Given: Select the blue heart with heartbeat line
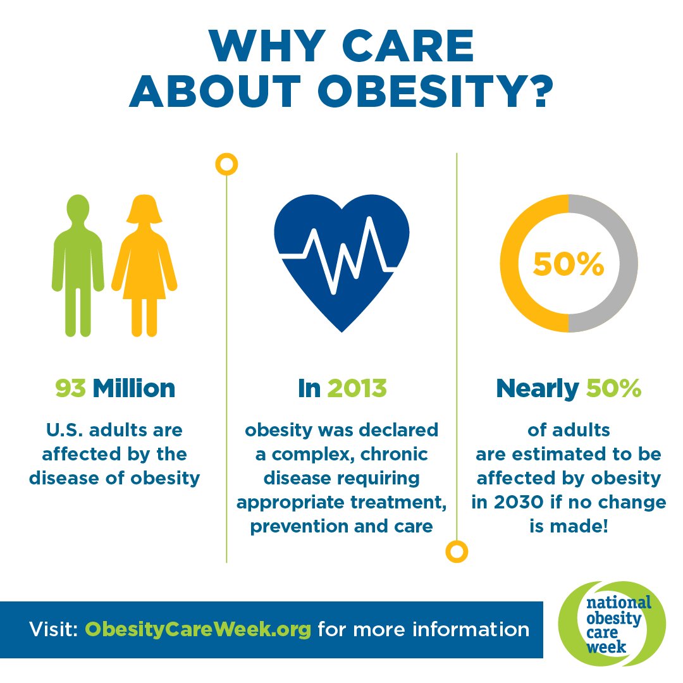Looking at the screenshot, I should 341,259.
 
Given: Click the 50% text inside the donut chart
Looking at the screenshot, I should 568,264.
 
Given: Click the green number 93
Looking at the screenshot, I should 70,388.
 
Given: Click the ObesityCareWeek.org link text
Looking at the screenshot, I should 198,630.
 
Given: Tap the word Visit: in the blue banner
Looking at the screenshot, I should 53,630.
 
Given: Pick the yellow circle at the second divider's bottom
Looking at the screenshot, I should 456,551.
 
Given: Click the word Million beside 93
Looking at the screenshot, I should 133,388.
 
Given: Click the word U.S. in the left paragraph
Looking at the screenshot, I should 63,431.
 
